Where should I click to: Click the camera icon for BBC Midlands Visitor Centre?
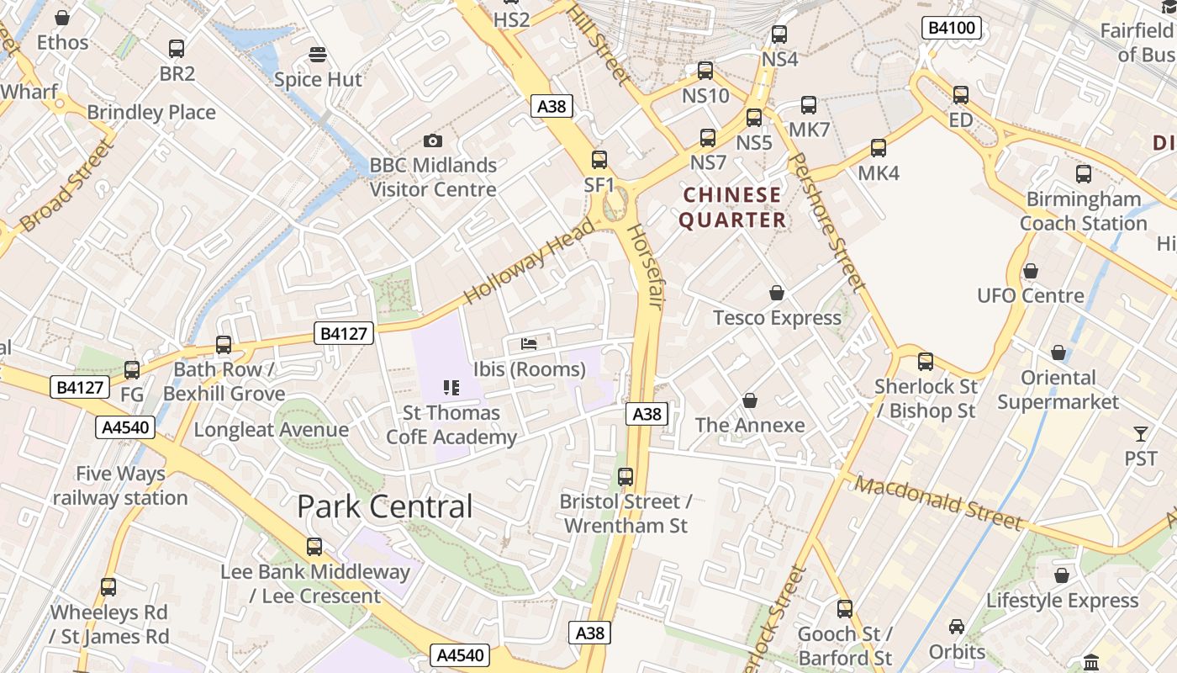coord(433,140)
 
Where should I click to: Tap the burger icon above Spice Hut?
coord(318,56)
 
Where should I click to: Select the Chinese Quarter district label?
coord(732,208)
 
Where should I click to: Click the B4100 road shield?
coord(952,28)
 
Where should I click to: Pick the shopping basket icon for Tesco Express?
coord(777,293)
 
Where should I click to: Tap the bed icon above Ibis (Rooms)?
coord(529,343)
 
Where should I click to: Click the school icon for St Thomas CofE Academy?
coord(451,387)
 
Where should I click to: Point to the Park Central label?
coord(385,506)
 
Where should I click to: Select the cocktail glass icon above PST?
coord(1140,434)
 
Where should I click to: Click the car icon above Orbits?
coord(957,627)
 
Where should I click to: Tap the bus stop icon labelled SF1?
coord(599,159)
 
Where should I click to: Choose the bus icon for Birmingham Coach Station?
coord(1084,174)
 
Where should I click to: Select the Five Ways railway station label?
coord(120,485)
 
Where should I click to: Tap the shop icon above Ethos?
coord(62,17)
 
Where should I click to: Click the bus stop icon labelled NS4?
coord(779,34)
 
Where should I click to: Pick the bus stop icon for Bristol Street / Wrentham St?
coord(625,477)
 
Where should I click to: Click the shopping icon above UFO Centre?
coord(1030,271)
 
